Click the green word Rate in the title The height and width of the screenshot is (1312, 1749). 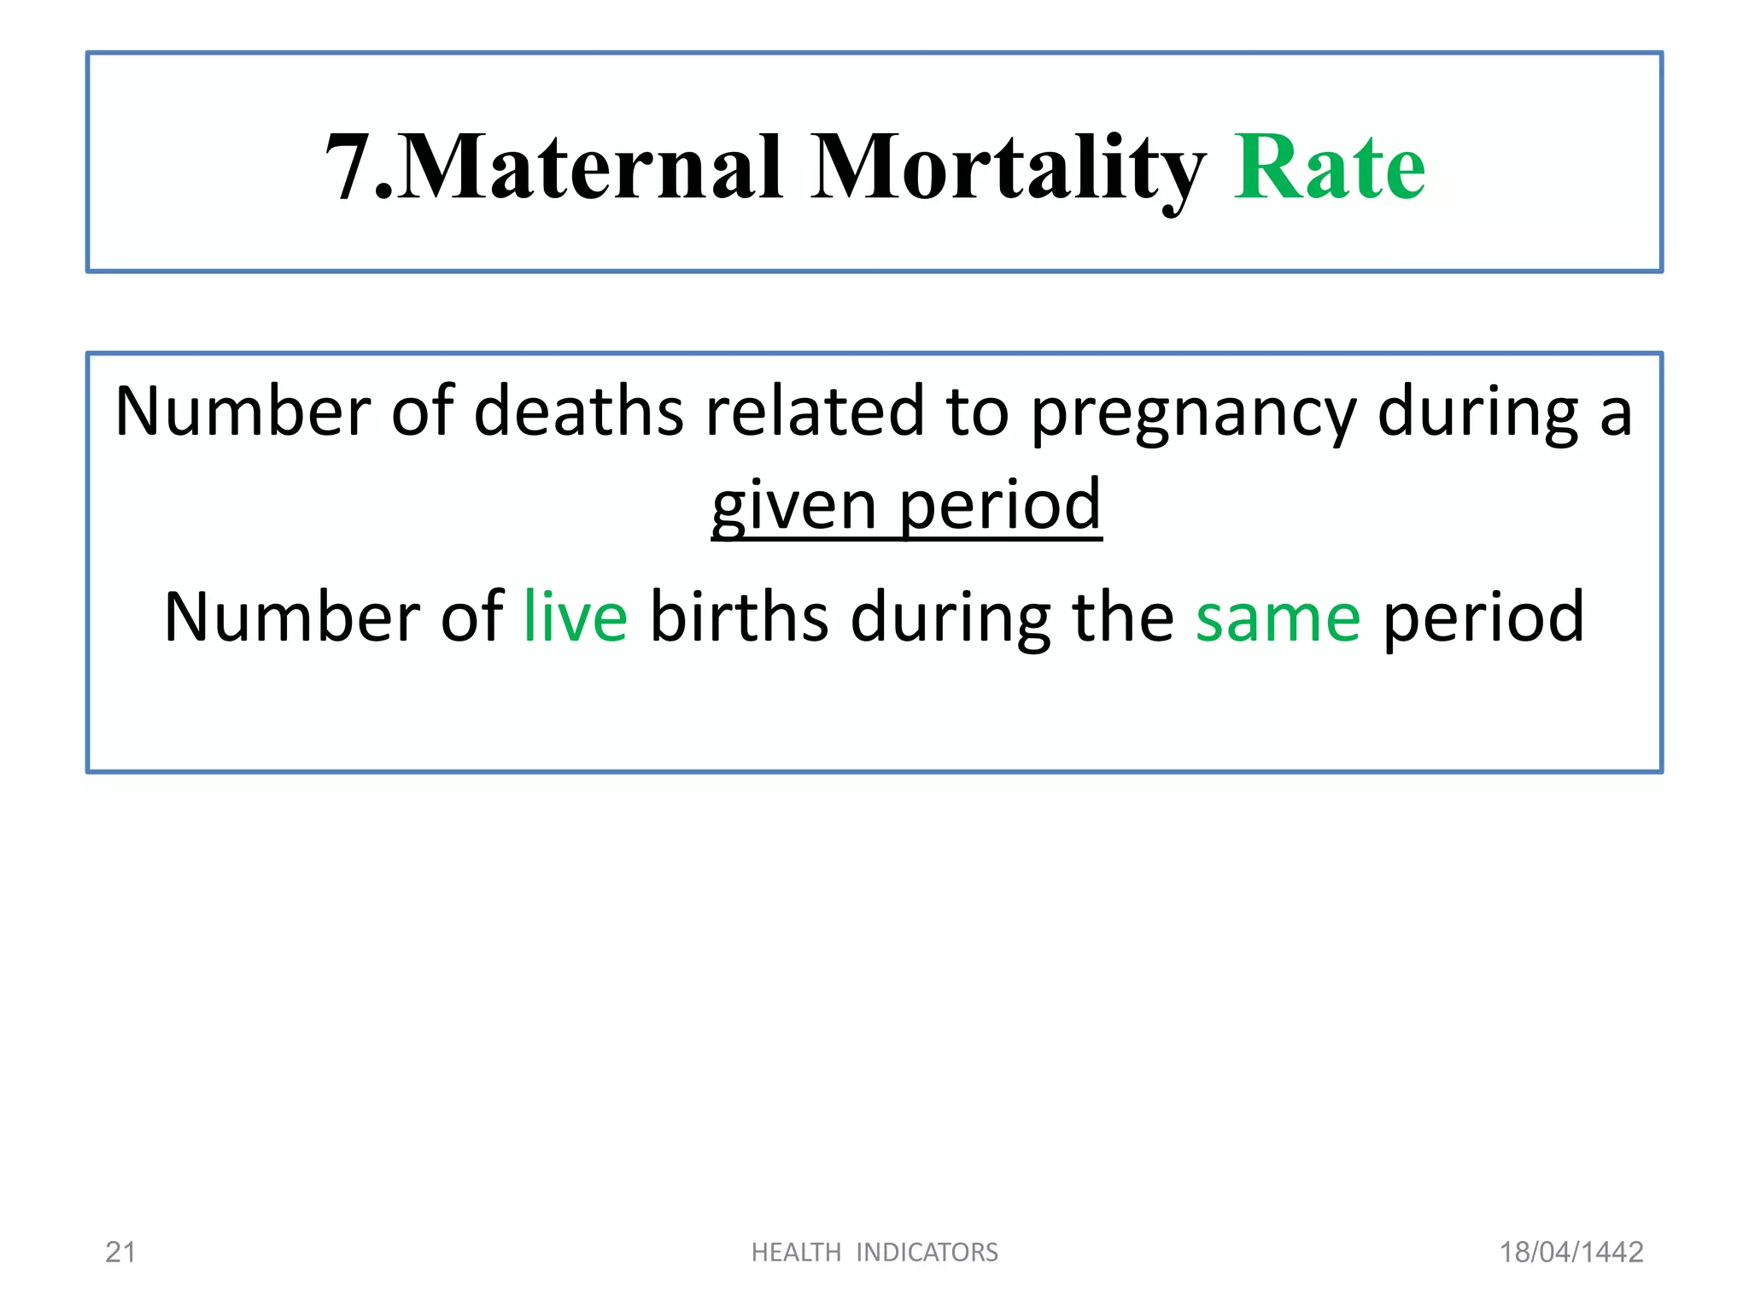1329,167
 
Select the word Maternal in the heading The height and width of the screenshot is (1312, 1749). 589,167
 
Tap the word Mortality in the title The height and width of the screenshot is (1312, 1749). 1008,167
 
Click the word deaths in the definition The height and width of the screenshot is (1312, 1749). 578,412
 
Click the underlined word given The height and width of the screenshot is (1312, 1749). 793,506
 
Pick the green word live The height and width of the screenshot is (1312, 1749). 576,617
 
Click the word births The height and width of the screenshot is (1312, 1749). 739,617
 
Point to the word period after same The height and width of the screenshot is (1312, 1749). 1483,617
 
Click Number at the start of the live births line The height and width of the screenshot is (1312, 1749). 290,617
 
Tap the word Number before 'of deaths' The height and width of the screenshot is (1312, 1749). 242,412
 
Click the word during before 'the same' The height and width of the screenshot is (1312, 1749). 951,617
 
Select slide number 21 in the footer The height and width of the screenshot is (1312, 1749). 120,1252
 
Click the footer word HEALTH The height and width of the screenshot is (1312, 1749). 796,1252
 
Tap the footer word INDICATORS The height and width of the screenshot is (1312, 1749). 927,1252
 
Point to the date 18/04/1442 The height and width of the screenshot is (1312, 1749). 1571,1252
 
